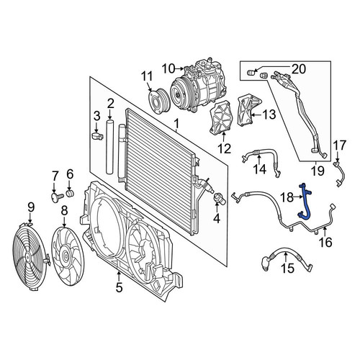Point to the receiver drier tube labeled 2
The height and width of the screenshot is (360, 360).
(110, 146)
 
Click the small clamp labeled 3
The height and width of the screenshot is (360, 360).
(98, 136)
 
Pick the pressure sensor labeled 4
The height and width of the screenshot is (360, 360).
(220, 199)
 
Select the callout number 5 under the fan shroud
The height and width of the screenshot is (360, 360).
(120, 287)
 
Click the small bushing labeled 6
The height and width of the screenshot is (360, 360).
(70, 193)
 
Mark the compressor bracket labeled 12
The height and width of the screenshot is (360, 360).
(220, 117)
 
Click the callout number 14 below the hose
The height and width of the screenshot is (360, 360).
(260, 169)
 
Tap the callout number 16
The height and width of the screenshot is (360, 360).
(326, 242)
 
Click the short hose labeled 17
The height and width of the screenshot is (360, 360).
(341, 174)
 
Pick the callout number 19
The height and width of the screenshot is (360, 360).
(318, 171)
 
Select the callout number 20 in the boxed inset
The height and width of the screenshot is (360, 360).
(298, 69)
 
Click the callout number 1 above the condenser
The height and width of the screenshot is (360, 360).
(176, 125)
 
